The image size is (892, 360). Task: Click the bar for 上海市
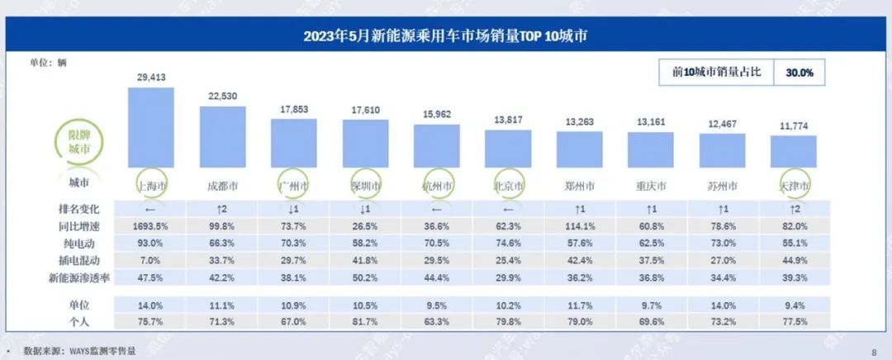coord(151,128)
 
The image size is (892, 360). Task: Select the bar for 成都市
coord(223,137)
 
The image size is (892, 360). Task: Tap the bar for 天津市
coord(794,152)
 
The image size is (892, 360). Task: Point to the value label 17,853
coord(294,110)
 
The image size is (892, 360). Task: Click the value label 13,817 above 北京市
coord(508,121)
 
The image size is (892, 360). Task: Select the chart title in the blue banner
coord(446,36)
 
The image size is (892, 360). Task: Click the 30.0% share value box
coord(799,73)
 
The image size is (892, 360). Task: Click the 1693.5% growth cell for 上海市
coord(151,224)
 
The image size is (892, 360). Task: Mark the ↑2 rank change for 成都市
coord(223,210)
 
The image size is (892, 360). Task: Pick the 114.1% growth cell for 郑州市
coord(579,224)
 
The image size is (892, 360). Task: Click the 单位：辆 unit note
coord(49,63)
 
